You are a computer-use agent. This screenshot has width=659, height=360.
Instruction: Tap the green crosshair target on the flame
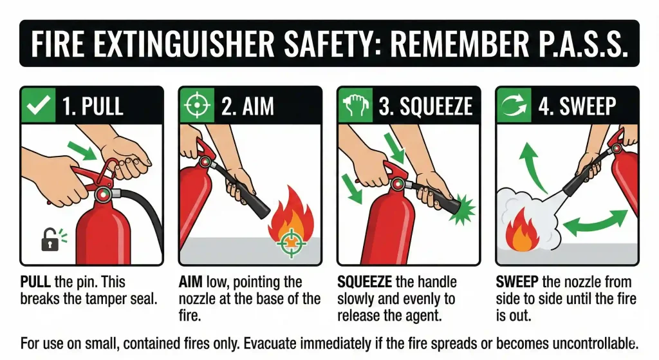[292, 243]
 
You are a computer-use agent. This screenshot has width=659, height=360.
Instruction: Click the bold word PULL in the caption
[34, 282]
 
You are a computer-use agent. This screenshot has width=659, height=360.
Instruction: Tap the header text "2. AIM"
[246, 106]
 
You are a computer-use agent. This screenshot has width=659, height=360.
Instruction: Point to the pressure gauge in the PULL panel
[102, 193]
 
